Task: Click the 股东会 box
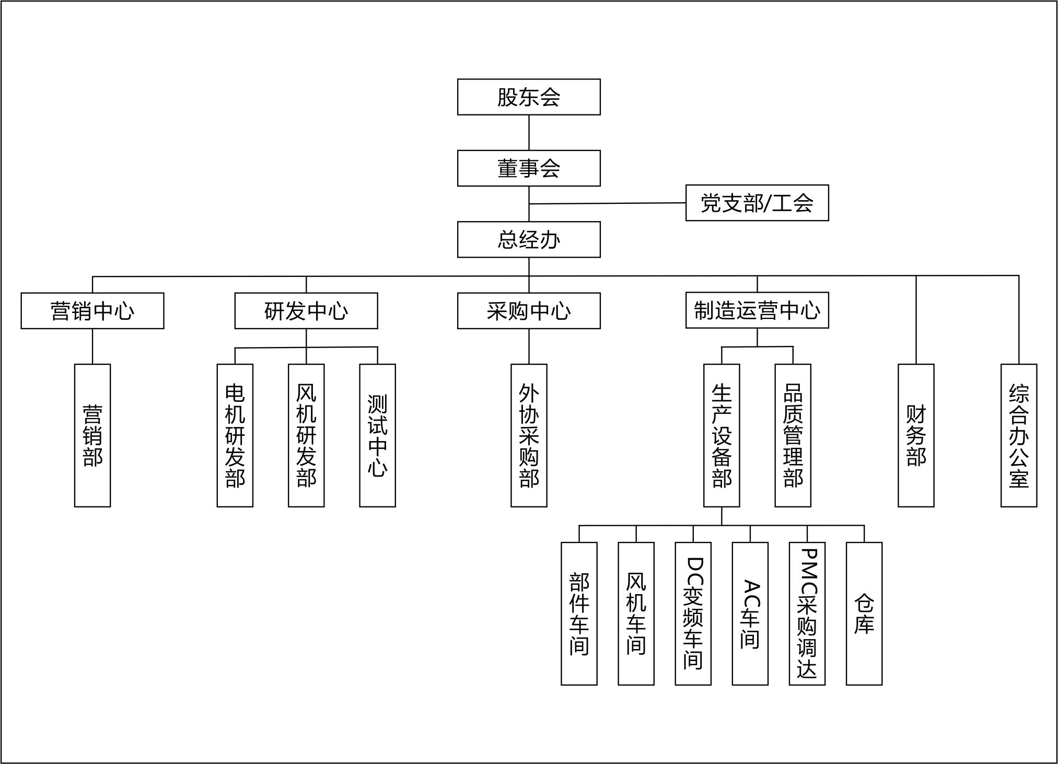click(529, 97)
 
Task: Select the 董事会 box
click(529, 168)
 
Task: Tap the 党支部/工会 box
click(757, 203)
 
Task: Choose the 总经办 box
click(529, 239)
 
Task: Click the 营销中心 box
click(92, 311)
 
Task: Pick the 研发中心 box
click(306, 311)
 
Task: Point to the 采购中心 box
click(529, 311)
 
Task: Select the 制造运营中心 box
click(757, 310)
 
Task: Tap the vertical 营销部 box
click(92, 435)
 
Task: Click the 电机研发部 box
click(235, 435)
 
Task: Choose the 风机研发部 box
click(306, 435)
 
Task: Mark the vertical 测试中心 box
click(377, 435)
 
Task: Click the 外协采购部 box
click(529, 435)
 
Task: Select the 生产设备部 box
click(722, 435)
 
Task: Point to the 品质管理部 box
click(793, 435)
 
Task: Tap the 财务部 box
click(916, 435)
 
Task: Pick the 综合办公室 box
click(1019, 435)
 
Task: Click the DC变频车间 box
click(693, 613)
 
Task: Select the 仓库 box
click(864, 613)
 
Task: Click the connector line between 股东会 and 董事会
click(529, 133)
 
